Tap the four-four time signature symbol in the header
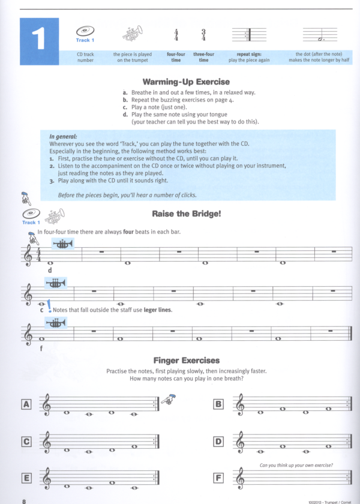[x=176, y=35]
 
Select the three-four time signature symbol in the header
[x=203, y=35]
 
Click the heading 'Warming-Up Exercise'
[x=186, y=82]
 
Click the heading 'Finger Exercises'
[x=186, y=360]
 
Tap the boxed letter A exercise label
[x=26, y=404]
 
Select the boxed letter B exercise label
[x=219, y=404]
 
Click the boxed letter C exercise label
[x=26, y=442]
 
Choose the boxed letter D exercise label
[x=219, y=442]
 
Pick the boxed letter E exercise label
[x=26, y=478]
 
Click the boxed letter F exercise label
[x=219, y=478]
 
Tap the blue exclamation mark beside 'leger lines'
[x=48, y=308]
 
